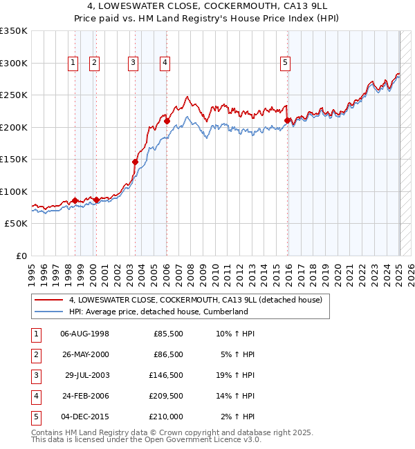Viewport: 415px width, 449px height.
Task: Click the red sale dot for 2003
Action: (136, 162)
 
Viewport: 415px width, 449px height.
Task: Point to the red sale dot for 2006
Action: (167, 121)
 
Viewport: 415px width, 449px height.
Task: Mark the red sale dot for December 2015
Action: (287, 120)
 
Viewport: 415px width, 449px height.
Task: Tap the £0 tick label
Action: (20, 256)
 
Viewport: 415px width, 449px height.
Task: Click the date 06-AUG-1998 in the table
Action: (84, 334)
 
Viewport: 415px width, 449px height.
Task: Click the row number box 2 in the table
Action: (35, 354)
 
